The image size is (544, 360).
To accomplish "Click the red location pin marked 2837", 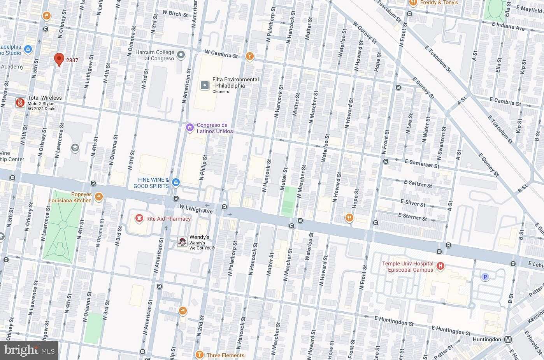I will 59,60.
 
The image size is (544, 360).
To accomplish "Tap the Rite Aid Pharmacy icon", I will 139,219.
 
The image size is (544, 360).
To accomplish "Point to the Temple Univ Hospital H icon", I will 440,267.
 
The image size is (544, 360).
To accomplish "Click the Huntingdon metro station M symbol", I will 508,339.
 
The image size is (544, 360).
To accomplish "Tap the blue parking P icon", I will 485,277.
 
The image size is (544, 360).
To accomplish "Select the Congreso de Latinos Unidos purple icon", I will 190,128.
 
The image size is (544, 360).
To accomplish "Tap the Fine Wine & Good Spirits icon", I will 176,183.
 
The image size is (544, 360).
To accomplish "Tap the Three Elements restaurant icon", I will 200,355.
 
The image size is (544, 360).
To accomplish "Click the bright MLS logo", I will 29,350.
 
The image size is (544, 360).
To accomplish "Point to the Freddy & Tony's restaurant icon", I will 413,3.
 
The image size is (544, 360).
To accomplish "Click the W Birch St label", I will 175,14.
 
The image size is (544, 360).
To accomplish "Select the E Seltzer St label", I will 418,183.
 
